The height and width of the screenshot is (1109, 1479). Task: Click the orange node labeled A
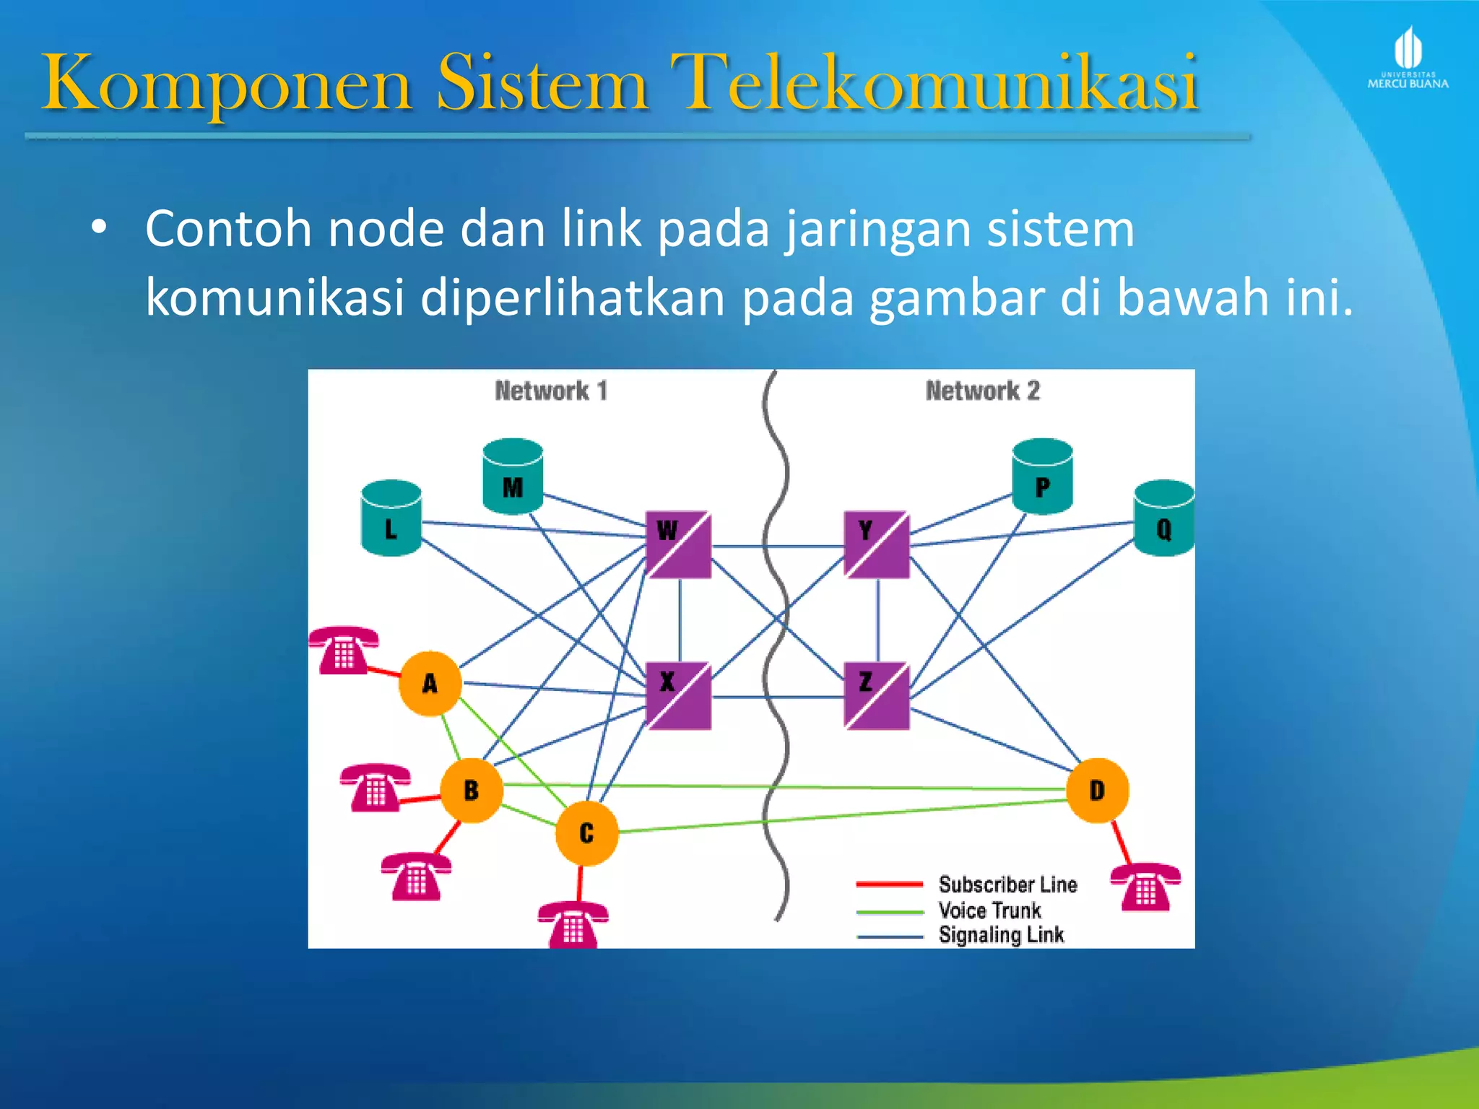point(430,683)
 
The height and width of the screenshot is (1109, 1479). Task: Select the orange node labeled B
point(472,790)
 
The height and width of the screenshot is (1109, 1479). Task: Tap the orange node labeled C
point(586,833)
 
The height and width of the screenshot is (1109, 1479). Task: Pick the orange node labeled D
point(1097,790)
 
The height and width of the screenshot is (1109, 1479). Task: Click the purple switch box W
point(678,545)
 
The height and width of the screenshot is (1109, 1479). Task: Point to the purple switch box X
point(678,696)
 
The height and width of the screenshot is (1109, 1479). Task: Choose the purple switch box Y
point(877,545)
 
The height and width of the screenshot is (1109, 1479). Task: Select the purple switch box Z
point(877,696)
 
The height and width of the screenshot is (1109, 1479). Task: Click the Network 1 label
point(551,391)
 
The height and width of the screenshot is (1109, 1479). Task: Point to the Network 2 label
point(982,391)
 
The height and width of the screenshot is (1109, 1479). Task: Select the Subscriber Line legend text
point(1007,884)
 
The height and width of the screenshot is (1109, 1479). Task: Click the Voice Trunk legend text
point(989,910)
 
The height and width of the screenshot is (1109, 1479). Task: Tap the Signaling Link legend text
point(1001,935)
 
